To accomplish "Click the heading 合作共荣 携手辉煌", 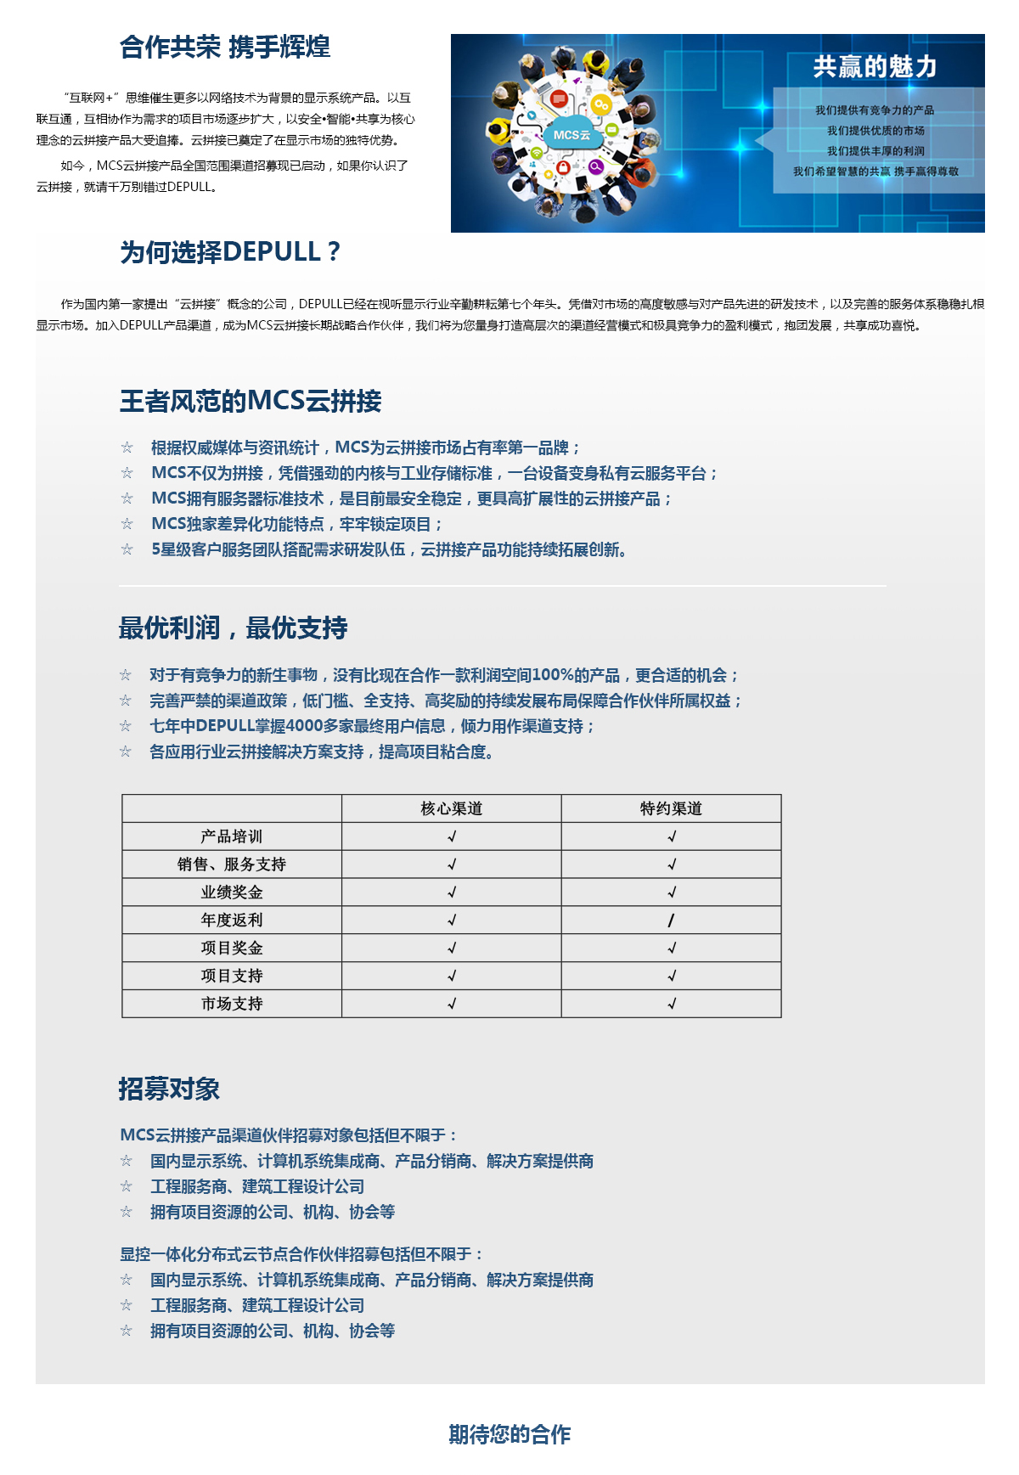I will point(224,47).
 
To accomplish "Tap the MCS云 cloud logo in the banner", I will point(571,135).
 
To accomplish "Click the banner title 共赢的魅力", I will point(875,66).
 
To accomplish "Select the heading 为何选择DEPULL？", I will point(230,252).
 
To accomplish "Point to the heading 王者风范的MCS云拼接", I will point(251,401).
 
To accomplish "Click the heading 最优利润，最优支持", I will point(233,628).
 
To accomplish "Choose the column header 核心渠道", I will point(452,808).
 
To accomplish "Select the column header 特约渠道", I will point(671,808).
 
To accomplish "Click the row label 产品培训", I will point(232,836).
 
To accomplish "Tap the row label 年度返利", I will point(232,920).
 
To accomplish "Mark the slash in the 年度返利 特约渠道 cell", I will point(671,920).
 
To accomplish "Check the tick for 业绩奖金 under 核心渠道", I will point(452,892).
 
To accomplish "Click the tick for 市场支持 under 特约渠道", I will point(672,1004).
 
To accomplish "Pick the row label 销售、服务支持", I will point(232,864).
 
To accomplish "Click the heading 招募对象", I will point(169,1089).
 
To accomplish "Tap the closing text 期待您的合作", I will point(509,1434).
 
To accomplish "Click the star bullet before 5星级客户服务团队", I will point(127,549).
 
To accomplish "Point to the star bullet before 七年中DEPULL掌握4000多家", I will point(126,726).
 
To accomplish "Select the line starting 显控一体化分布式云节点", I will point(301,1254).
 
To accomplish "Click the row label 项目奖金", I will point(232,948).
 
